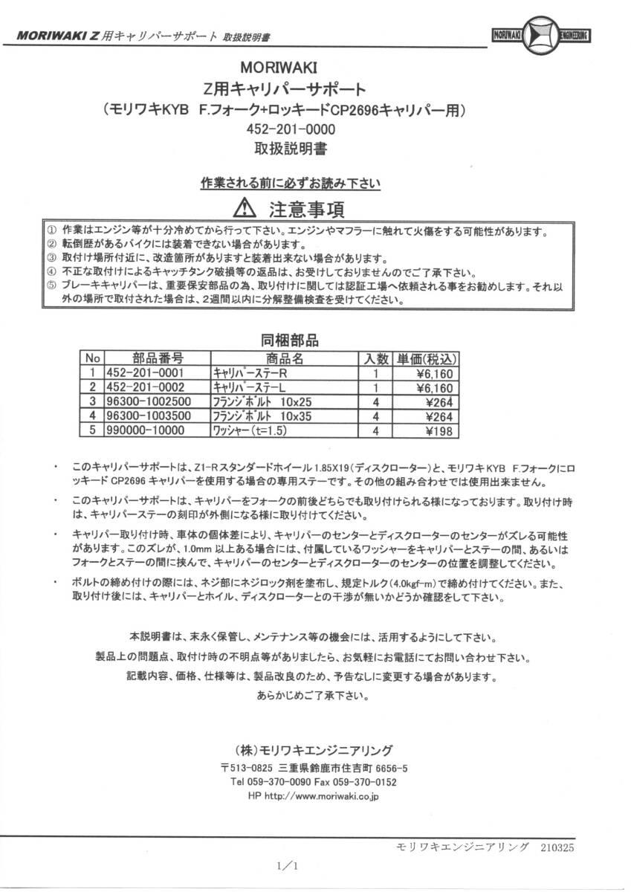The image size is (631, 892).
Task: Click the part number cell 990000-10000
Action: click(144, 430)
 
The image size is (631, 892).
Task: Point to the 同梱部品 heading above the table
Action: click(289, 340)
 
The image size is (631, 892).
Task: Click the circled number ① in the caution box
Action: click(51, 231)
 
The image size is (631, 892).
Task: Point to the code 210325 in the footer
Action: click(554, 847)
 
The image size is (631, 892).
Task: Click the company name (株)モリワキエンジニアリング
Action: click(311, 749)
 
